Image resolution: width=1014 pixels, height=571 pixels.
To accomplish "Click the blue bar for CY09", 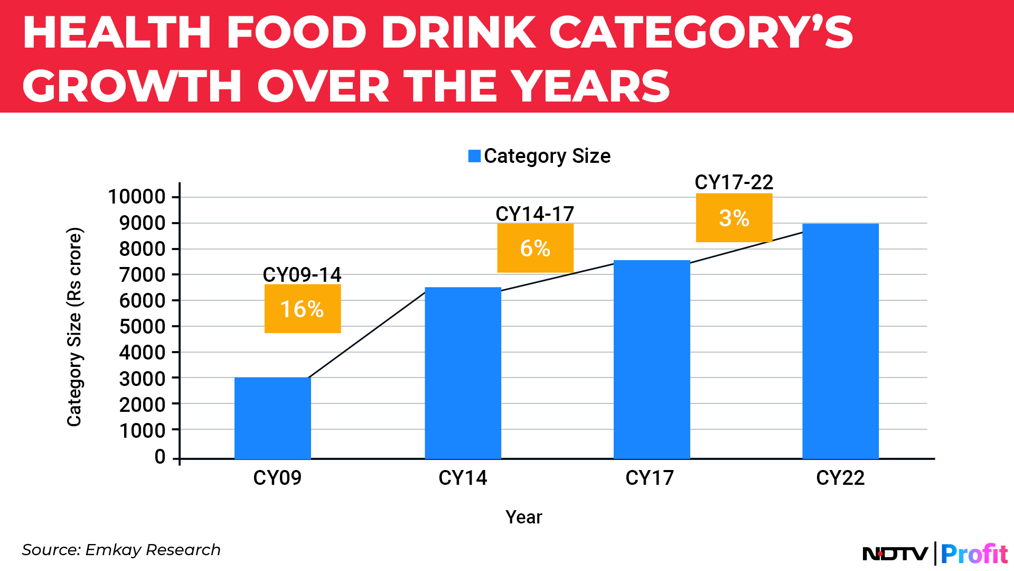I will click(x=273, y=418).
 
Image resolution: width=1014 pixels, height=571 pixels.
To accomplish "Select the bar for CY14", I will click(x=463, y=373).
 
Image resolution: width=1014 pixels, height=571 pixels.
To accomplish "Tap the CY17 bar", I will click(x=652, y=360).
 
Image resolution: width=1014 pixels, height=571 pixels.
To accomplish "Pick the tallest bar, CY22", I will click(x=840, y=341).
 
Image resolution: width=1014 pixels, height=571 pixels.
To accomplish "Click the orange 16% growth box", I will click(x=303, y=309).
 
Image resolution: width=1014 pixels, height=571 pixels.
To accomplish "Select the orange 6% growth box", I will click(x=535, y=248).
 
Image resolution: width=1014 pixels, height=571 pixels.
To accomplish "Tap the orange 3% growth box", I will click(x=734, y=218).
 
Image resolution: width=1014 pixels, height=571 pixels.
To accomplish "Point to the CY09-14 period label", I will click(x=302, y=274).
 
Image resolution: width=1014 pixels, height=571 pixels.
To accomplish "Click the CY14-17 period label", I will click(x=534, y=214).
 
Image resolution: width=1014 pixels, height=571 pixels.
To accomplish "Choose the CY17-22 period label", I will click(x=734, y=182).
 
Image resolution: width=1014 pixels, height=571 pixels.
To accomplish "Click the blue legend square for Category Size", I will click(x=474, y=156).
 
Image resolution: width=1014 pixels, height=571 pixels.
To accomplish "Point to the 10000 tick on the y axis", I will click(x=137, y=197).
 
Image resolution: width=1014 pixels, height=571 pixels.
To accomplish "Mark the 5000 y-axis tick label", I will click(x=142, y=326).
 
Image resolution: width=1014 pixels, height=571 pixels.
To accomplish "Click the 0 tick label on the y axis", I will click(x=160, y=457).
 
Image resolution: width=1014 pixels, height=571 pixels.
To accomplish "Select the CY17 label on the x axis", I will click(x=650, y=478).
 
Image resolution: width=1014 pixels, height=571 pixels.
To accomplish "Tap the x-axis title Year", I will click(x=523, y=517).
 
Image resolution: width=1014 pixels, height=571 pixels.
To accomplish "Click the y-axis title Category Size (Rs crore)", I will click(x=74, y=327).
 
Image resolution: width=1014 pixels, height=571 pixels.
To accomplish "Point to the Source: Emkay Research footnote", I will click(x=121, y=550).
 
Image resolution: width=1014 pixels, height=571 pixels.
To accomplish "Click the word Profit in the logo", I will click(x=974, y=554).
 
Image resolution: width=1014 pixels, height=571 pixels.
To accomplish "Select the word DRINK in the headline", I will click(x=458, y=33).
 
